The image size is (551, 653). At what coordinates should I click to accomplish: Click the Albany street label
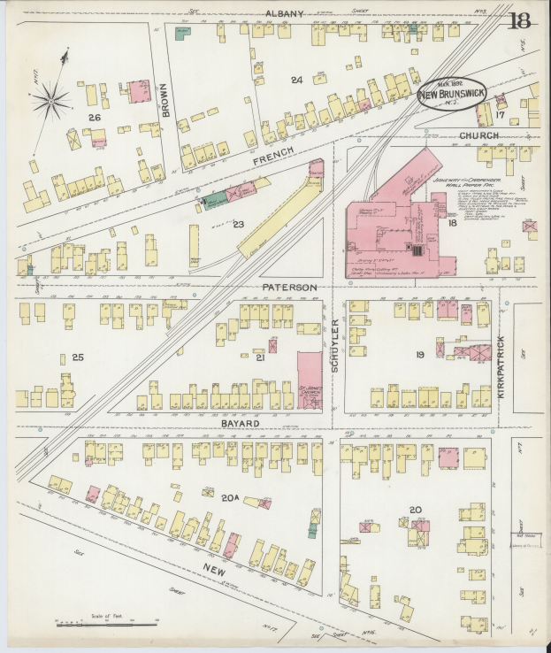click(x=285, y=13)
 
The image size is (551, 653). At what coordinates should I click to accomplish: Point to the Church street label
click(x=478, y=135)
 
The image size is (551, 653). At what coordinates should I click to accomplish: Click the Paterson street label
click(x=288, y=288)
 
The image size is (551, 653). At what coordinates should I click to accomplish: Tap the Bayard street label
click(x=240, y=424)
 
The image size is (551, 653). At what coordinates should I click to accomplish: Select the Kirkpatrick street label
click(x=501, y=365)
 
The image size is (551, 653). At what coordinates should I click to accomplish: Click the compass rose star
click(x=54, y=103)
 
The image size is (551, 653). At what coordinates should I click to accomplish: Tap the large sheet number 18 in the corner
click(x=519, y=19)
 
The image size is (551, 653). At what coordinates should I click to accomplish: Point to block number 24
click(x=296, y=80)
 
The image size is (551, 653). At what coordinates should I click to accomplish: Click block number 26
click(x=94, y=117)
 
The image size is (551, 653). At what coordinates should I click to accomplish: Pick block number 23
click(x=238, y=224)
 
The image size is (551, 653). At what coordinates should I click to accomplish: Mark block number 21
click(x=260, y=358)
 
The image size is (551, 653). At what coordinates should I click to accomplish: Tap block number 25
click(x=78, y=357)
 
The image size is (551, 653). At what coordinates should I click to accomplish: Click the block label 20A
click(x=231, y=498)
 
